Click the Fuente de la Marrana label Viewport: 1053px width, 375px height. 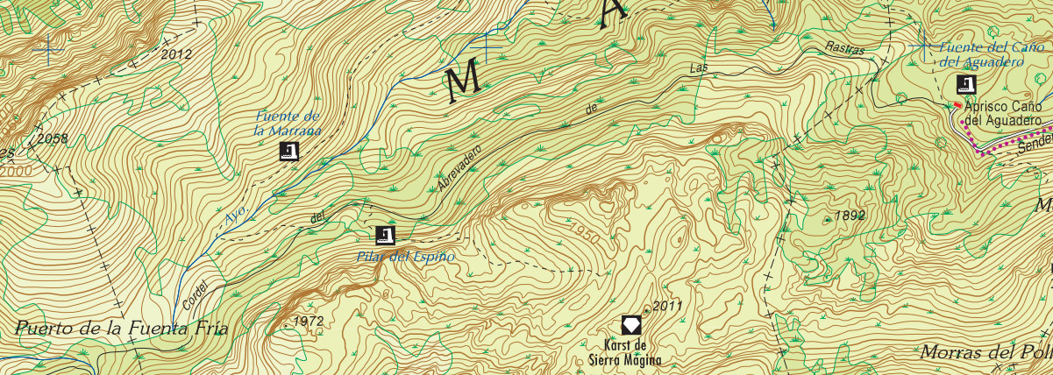[x=288, y=124]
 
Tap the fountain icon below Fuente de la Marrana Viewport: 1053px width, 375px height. [x=288, y=152]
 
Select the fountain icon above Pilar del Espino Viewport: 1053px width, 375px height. [x=385, y=235]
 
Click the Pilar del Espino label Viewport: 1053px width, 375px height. [x=406, y=257]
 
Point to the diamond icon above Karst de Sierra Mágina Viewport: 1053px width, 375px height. [x=631, y=325]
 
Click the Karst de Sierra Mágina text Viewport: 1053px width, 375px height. [x=625, y=351]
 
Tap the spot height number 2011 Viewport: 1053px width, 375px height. [x=667, y=306]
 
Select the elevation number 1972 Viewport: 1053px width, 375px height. [x=309, y=322]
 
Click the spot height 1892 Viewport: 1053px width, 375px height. [x=850, y=215]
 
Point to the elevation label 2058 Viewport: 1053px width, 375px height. [x=52, y=138]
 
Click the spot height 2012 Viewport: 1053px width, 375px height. [x=176, y=54]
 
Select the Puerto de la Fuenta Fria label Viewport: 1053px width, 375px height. [x=121, y=329]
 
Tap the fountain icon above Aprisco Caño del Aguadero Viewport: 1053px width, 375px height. [x=966, y=85]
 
